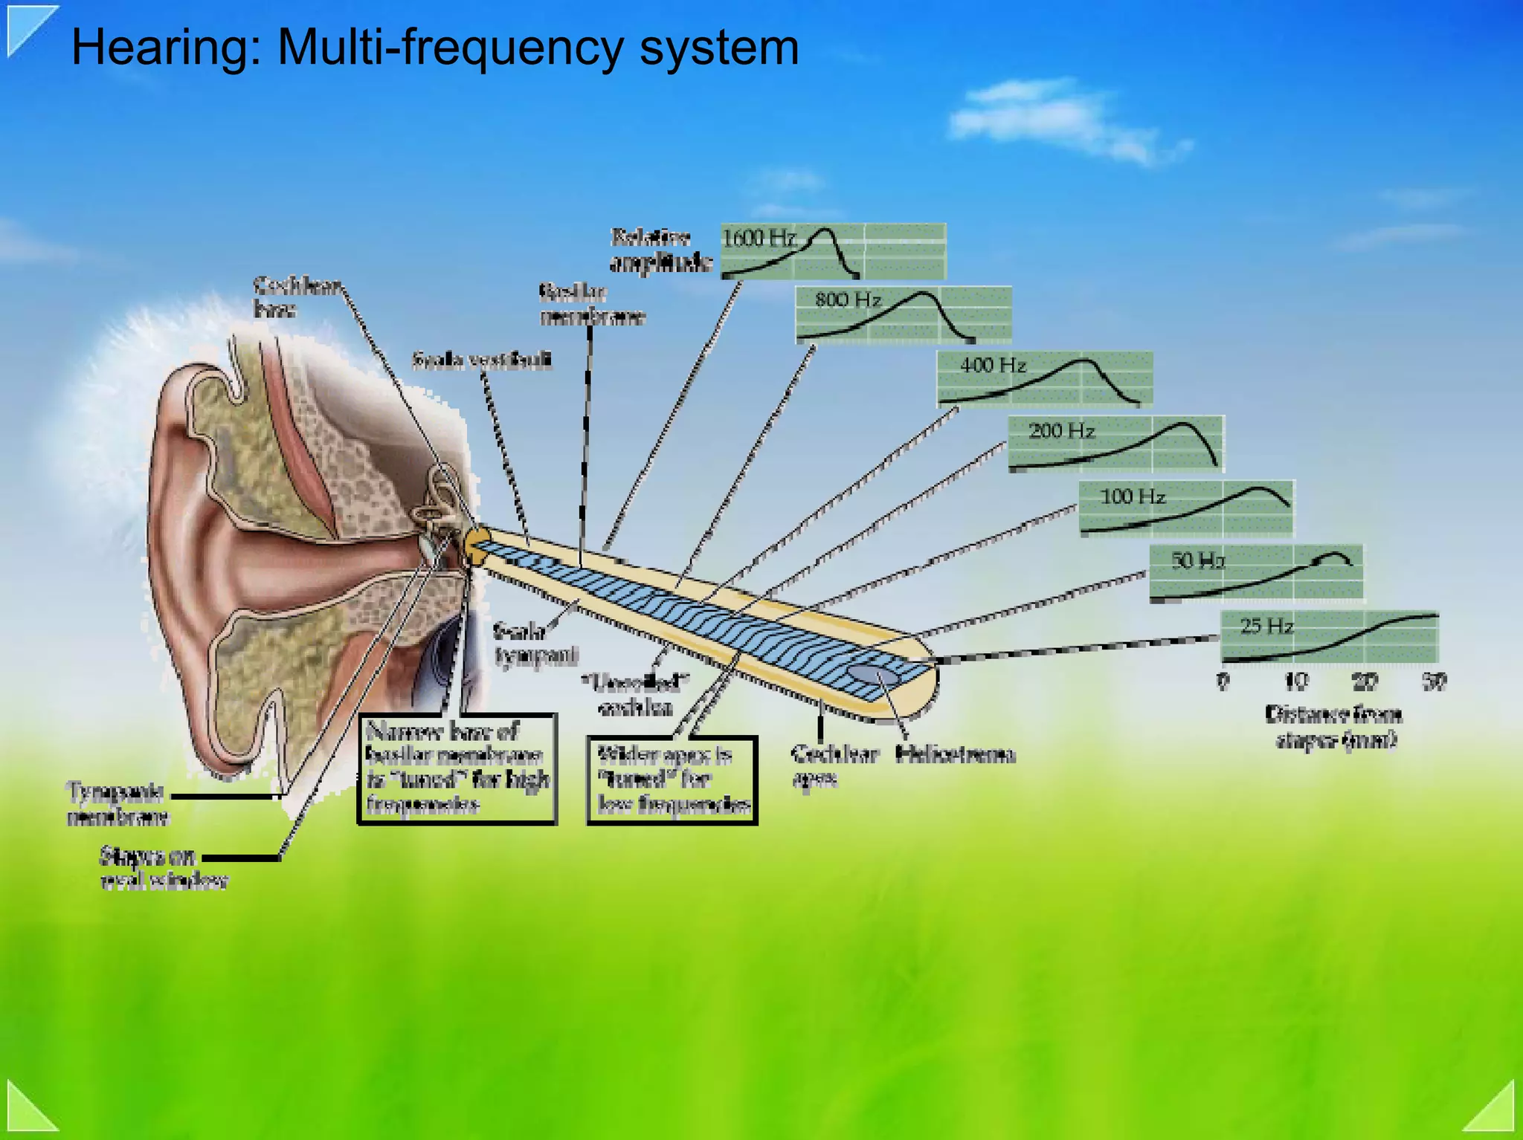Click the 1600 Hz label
pos(759,239)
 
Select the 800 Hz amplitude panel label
pos(848,300)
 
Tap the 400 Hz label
pos(993,366)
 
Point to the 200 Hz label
pos(1061,431)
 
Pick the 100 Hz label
pos(1132,496)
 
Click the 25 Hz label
pos(1266,626)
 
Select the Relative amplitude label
pos(660,250)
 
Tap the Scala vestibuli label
pos(483,361)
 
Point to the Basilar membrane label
pos(592,305)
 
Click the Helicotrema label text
pos(955,755)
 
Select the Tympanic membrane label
pos(117,804)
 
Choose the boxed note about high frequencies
pos(457,769)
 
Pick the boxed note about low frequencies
pos(672,780)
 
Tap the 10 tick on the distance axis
pos(1296,681)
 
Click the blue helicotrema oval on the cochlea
pos(874,675)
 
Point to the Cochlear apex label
pos(834,766)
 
